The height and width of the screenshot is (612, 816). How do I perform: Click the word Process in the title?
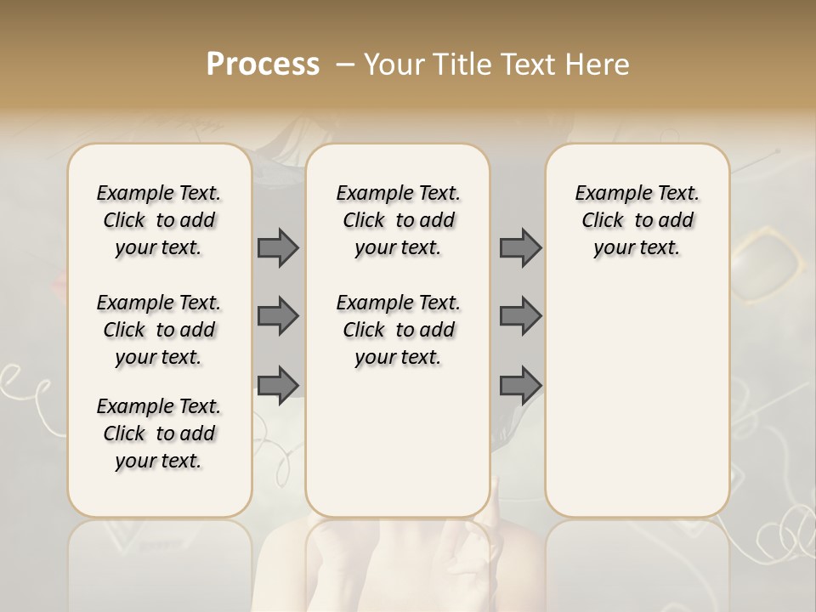tap(263, 65)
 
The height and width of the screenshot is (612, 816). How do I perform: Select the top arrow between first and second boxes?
tap(278, 248)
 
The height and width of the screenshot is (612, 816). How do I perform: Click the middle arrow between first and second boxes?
tap(278, 316)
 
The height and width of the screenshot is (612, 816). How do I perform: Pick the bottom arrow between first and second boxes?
tap(278, 385)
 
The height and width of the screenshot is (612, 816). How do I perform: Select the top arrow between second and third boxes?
tap(520, 248)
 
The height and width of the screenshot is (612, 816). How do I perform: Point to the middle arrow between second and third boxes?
tap(520, 316)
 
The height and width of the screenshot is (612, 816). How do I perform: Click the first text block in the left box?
tap(159, 220)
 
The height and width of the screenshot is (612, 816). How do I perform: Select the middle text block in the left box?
tap(159, 330)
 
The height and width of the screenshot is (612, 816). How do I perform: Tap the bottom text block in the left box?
tap(159, 433)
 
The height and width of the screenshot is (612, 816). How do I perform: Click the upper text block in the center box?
tap(398, 220)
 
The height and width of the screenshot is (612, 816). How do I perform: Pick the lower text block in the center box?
tap(398, 330)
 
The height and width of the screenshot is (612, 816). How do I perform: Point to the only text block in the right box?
tap(637, 220)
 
